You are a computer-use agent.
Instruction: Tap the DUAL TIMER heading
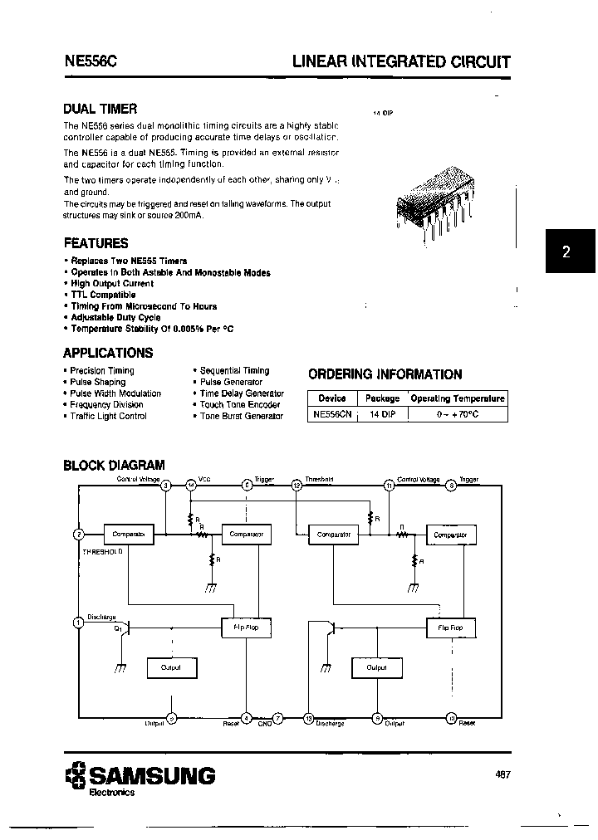coord(100,109)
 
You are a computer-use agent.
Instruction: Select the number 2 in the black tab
coord(566,252)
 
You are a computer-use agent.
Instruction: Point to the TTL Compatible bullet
coord(103,295)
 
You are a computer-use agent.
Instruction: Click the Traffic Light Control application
coord(108,416)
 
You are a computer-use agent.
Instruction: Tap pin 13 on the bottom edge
coord(309,718)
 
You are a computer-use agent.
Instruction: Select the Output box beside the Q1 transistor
coord(171,667)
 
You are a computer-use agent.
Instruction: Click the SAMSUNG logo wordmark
coord(151,776)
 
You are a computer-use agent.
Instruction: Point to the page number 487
coord(502,775)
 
